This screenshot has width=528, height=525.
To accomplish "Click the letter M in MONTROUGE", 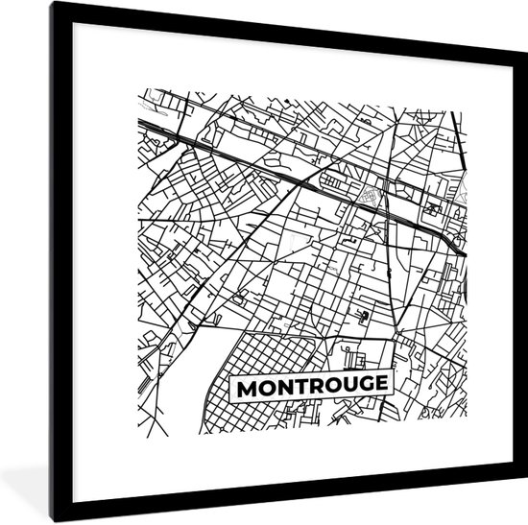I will (x=246, y=389).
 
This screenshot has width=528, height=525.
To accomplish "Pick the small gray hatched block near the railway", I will (x=370, y=198).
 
